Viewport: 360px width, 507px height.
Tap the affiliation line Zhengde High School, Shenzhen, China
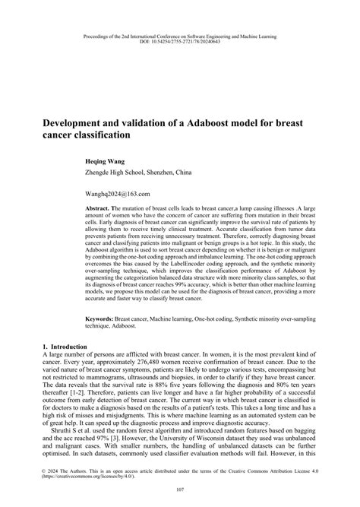[144, 173]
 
